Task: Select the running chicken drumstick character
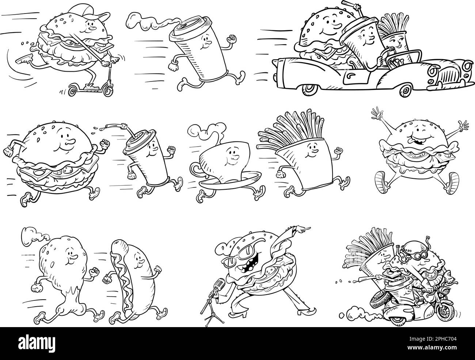coord(65,279)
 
